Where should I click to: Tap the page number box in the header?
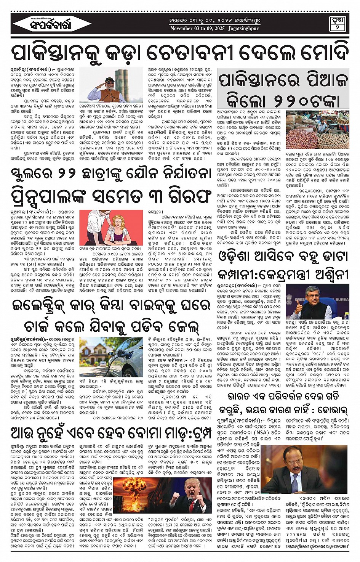pyautogui.click(x=337, y=24)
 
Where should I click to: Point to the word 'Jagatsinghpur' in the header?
pyautogui.click(x=243, y=29)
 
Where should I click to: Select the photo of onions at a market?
pyautogui.click(x=317, y=130)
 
